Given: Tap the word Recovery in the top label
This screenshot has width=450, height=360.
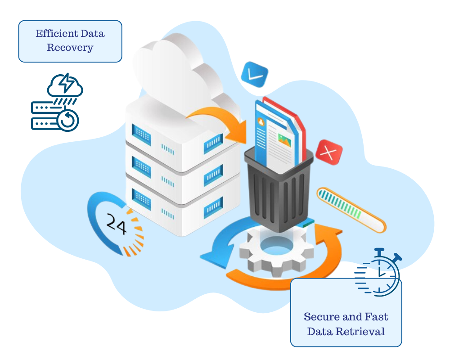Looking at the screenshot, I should point(70,48).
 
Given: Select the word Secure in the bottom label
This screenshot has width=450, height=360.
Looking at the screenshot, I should point(319,317).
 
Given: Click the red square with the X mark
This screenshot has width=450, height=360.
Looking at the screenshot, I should point(329,152).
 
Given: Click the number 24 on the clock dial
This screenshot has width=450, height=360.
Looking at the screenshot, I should point(116,223).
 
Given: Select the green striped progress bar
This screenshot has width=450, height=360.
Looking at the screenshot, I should point(351,210).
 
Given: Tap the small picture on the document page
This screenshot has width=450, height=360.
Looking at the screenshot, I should point(284,140).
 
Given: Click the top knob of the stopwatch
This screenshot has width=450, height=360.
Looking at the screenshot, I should point(379,251).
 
